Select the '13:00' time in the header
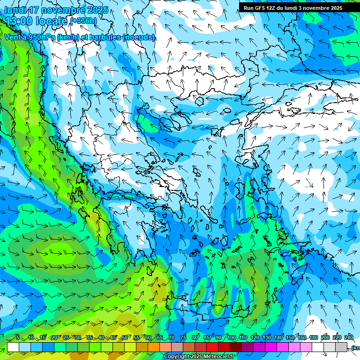tap(18, 21)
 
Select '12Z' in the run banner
tap(273, 8)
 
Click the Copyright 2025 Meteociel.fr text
tap(198, 357)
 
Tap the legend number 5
tap(18, 338)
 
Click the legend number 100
tap(231, 338)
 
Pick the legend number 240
tap(348, 338)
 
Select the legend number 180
tap(313, 338)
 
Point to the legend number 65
tap(160, 338)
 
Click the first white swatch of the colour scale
tap(13, 347)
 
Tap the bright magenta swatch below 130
tap(271, 347)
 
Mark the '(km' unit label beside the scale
tap(355, 348)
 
